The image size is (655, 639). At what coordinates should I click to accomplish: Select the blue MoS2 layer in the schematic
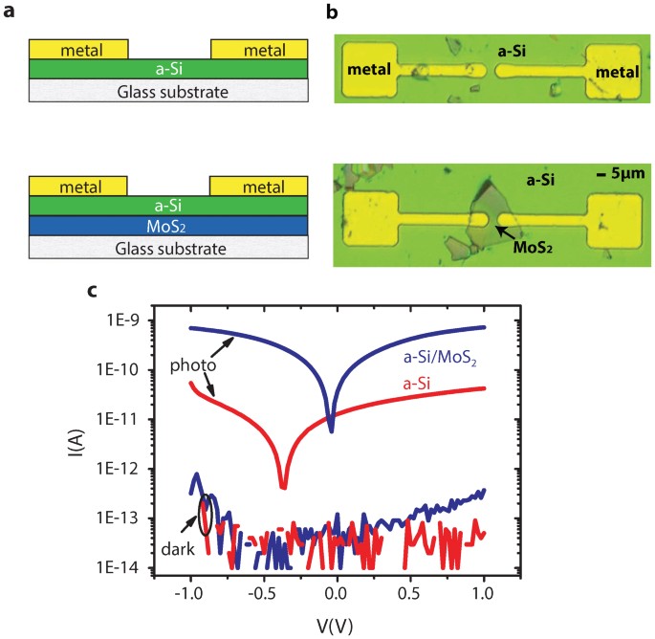[x=168, y=226]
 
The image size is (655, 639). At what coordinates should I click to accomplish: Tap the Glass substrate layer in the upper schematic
[x=168, y=91]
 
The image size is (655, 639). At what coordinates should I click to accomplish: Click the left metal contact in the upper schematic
[x=78, y=48]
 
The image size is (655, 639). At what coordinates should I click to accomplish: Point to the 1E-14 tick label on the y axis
[x=134, y=568]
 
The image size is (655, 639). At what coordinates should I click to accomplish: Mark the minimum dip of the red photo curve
[x=283, y=486]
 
